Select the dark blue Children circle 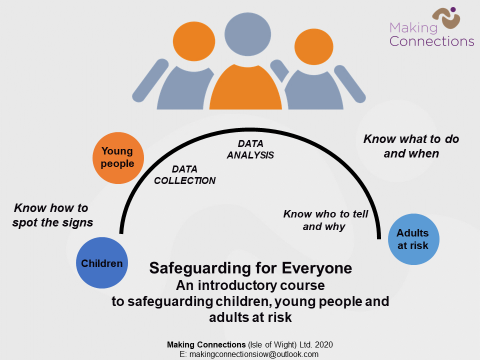click(104, 263)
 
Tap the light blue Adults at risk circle click(412, 239)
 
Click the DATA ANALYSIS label click(249, 150)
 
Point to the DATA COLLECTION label click(188, 175)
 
